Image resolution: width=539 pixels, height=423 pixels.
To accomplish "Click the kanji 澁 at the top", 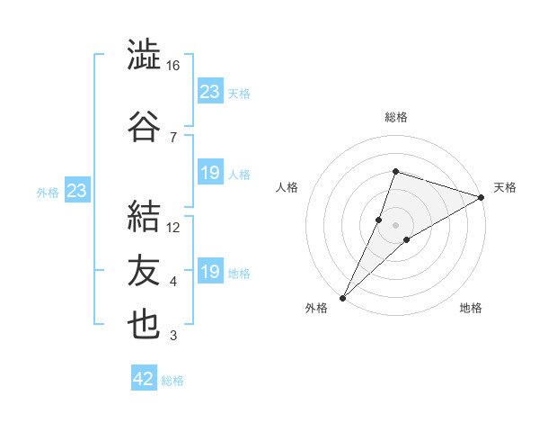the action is point(144,54).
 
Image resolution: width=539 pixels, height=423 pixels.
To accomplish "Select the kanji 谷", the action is point(144,126).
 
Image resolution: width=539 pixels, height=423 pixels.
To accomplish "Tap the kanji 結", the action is point(144,216).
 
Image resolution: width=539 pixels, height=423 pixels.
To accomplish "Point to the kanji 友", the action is point(144,270).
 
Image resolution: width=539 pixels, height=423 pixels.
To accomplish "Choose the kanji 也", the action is point(144,324).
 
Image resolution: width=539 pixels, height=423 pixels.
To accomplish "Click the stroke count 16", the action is point(172,66).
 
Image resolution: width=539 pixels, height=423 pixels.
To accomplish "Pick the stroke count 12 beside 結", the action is point(172,228).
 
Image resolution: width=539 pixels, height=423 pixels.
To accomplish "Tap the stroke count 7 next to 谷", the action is point(173,138).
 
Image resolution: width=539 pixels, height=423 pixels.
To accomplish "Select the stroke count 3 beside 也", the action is point(173,336).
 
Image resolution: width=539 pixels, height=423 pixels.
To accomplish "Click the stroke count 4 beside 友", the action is point(173,282).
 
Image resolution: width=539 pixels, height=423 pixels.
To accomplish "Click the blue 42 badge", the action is point(144,377).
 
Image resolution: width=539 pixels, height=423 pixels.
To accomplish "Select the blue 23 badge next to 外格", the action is point(77,190).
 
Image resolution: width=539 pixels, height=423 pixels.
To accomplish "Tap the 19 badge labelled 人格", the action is point(211,172).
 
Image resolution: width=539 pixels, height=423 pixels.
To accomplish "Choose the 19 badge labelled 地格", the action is point(211,270).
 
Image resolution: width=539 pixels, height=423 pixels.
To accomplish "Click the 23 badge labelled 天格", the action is point(211,91).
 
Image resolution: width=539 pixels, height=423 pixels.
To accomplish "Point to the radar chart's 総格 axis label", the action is point(396,117).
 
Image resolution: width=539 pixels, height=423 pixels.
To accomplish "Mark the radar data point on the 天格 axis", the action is point(482,197).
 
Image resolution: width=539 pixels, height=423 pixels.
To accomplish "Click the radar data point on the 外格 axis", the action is point(343,298).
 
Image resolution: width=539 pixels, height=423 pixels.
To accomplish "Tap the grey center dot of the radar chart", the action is point(395,225).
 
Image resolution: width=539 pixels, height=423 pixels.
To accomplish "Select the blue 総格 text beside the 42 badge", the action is point(172,381).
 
